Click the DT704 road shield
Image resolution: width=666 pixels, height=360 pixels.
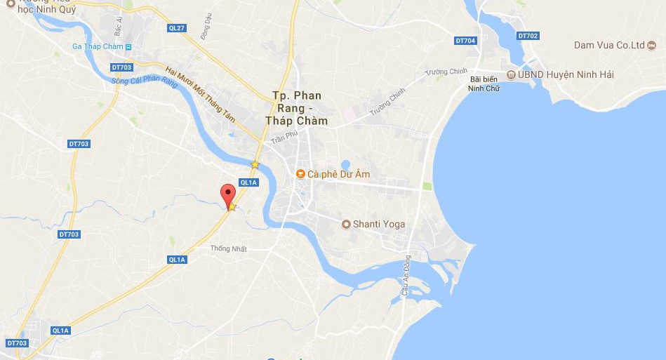(x=465, y=41)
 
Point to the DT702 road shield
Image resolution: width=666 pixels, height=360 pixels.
(x=527, y=36)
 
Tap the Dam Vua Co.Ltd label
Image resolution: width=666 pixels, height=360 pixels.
(x=609, y=46)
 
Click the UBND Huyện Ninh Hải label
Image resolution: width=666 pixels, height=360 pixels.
(x=559, y=74)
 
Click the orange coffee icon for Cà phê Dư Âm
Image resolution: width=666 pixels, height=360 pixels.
(x=300, y=173)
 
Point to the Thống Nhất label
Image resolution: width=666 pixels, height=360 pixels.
(x=229, y=248)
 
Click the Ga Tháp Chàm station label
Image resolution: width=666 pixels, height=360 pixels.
(x=98, y=46)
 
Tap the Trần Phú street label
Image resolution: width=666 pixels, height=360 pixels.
(x=285, y=136)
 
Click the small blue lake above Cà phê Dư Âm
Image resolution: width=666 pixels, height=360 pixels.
(x=345, y=165)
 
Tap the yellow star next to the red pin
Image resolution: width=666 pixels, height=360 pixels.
(x=232, y=207)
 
